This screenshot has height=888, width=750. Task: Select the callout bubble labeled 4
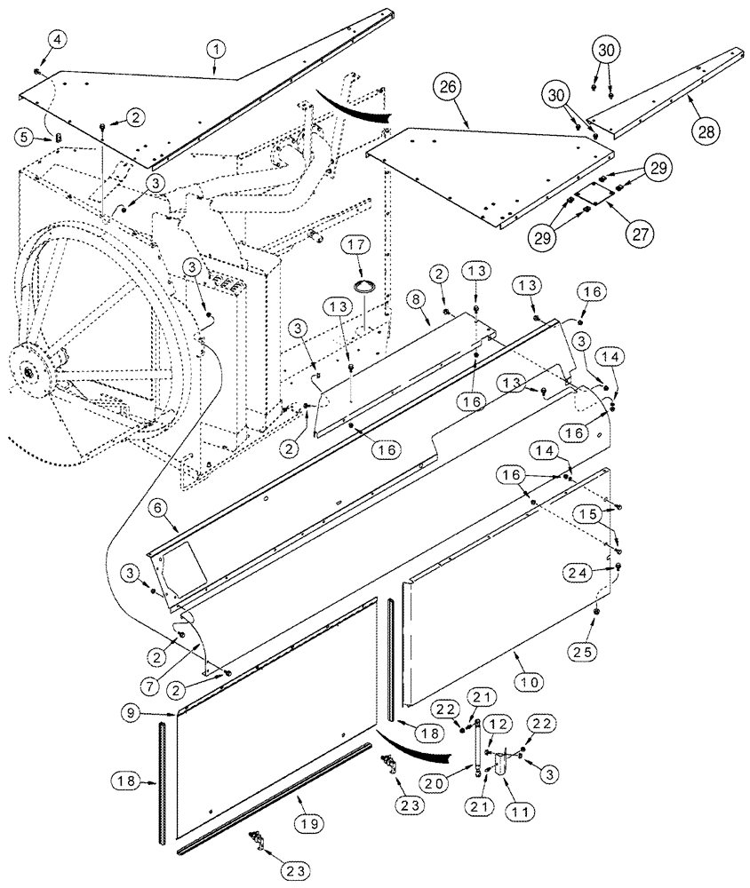[31, 39]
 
